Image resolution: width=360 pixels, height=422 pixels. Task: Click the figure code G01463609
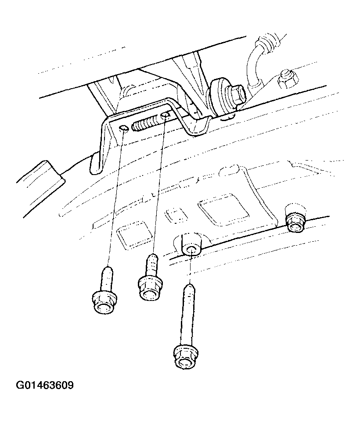pyautogui.click(x=45, y=386)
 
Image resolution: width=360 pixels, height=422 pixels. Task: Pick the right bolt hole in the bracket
pyautogui.click(x=165, y=115)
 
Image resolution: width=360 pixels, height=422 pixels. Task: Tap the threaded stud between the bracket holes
pyautogui.click(x=145, y=122)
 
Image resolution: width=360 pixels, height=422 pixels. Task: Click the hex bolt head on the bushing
pyautogui.click(x=237, y=95)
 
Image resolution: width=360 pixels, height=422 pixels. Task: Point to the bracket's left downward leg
pyautogui.click(x=100, y=145)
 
